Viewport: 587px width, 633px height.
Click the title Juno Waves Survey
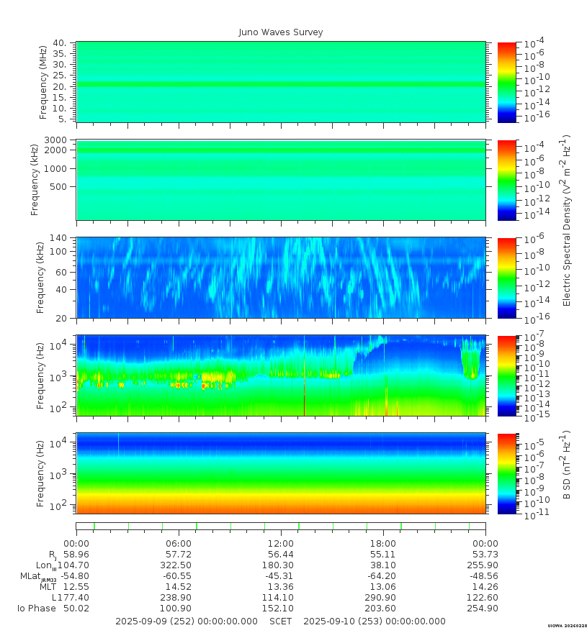coord(281,32)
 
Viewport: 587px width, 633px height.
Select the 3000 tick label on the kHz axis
coord(55,140)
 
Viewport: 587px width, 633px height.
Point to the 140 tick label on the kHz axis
coord(58,238)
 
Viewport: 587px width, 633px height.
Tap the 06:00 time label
coord(179,544)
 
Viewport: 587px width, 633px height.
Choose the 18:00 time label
coord(383,544)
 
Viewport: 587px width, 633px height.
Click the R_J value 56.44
coord(281,555)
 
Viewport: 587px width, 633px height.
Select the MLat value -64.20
coord(381,576)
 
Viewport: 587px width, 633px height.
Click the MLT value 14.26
coord(485,586)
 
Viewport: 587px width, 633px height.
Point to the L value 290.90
coord(381,598)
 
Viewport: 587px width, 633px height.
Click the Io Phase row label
coord(37,609)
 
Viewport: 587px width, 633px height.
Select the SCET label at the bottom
coord(281,621)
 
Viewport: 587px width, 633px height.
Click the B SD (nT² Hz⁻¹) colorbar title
coord(566,465)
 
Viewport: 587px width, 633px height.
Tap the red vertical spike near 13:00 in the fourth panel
coord(304,404)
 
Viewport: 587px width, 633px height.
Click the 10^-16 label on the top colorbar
coord(537,114)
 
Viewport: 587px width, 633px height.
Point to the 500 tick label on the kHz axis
coord(58,187)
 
